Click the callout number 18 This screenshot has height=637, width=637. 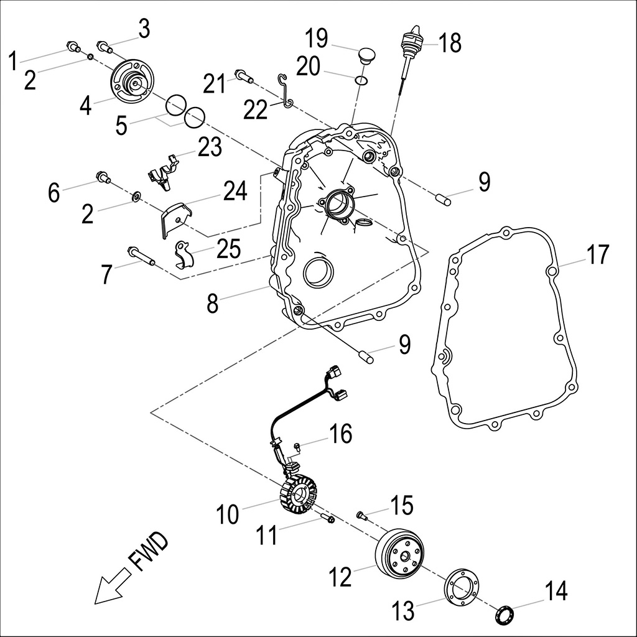[450, 43]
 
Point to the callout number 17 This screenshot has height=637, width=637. [598, 254]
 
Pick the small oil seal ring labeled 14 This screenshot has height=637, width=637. [503, 615]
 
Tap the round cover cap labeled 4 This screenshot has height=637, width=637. [132, 83]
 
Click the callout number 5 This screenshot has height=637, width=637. [121, 125]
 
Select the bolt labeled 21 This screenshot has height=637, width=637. [243, 77]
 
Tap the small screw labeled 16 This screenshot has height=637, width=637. [298, 445]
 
